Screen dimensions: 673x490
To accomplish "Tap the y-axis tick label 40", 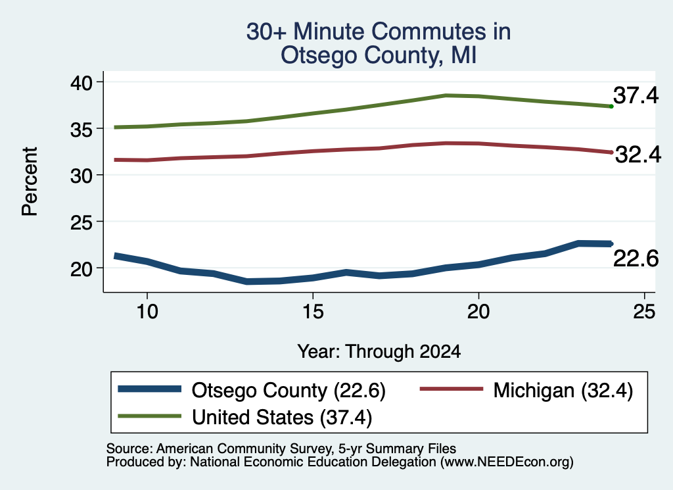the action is tap(81, 82).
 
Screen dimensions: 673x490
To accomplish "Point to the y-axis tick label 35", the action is tap(81, 129).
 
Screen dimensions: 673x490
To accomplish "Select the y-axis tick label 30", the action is tap(81, 176).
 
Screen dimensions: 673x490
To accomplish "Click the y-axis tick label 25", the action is tap(81, 222).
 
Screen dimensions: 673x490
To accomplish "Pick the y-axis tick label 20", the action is tap(81, 269).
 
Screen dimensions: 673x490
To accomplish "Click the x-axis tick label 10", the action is tap(147, 311).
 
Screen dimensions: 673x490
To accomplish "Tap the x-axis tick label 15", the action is tap(313, 311).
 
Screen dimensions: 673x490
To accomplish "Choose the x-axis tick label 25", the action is tap(644, 311).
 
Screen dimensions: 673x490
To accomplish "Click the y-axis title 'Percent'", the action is tap(30, 182).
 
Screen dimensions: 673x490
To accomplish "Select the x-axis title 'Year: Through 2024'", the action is tap(379, 351).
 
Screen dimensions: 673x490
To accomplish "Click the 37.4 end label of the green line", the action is tap(636, 95).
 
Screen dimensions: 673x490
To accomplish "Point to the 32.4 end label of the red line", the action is tap(638, 154).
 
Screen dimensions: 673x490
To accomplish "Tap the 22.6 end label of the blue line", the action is tap(636, 258).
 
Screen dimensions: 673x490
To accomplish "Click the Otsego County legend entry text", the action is tap(289, 391).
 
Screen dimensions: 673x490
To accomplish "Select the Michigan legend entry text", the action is tap(563, 391).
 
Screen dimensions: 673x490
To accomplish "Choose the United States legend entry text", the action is tap(281, 418).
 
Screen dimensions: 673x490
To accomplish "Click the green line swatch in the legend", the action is tap(149, 416).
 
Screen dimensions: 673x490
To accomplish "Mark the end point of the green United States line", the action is tap(611, 106).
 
